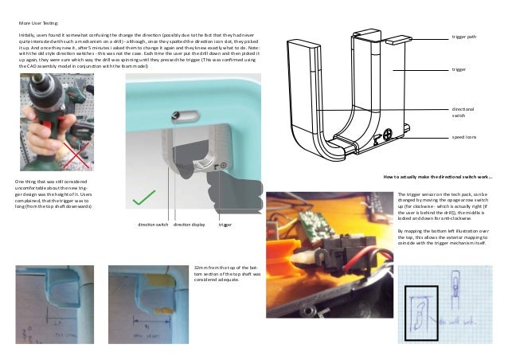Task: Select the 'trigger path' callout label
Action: pos(464,37)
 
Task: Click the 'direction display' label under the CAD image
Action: pos(189,225)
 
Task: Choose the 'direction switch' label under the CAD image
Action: pos(153,225)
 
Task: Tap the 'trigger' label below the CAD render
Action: pos(225,225)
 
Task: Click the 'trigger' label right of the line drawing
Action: pos(459,70)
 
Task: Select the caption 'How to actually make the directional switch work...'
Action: pos(437,177)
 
